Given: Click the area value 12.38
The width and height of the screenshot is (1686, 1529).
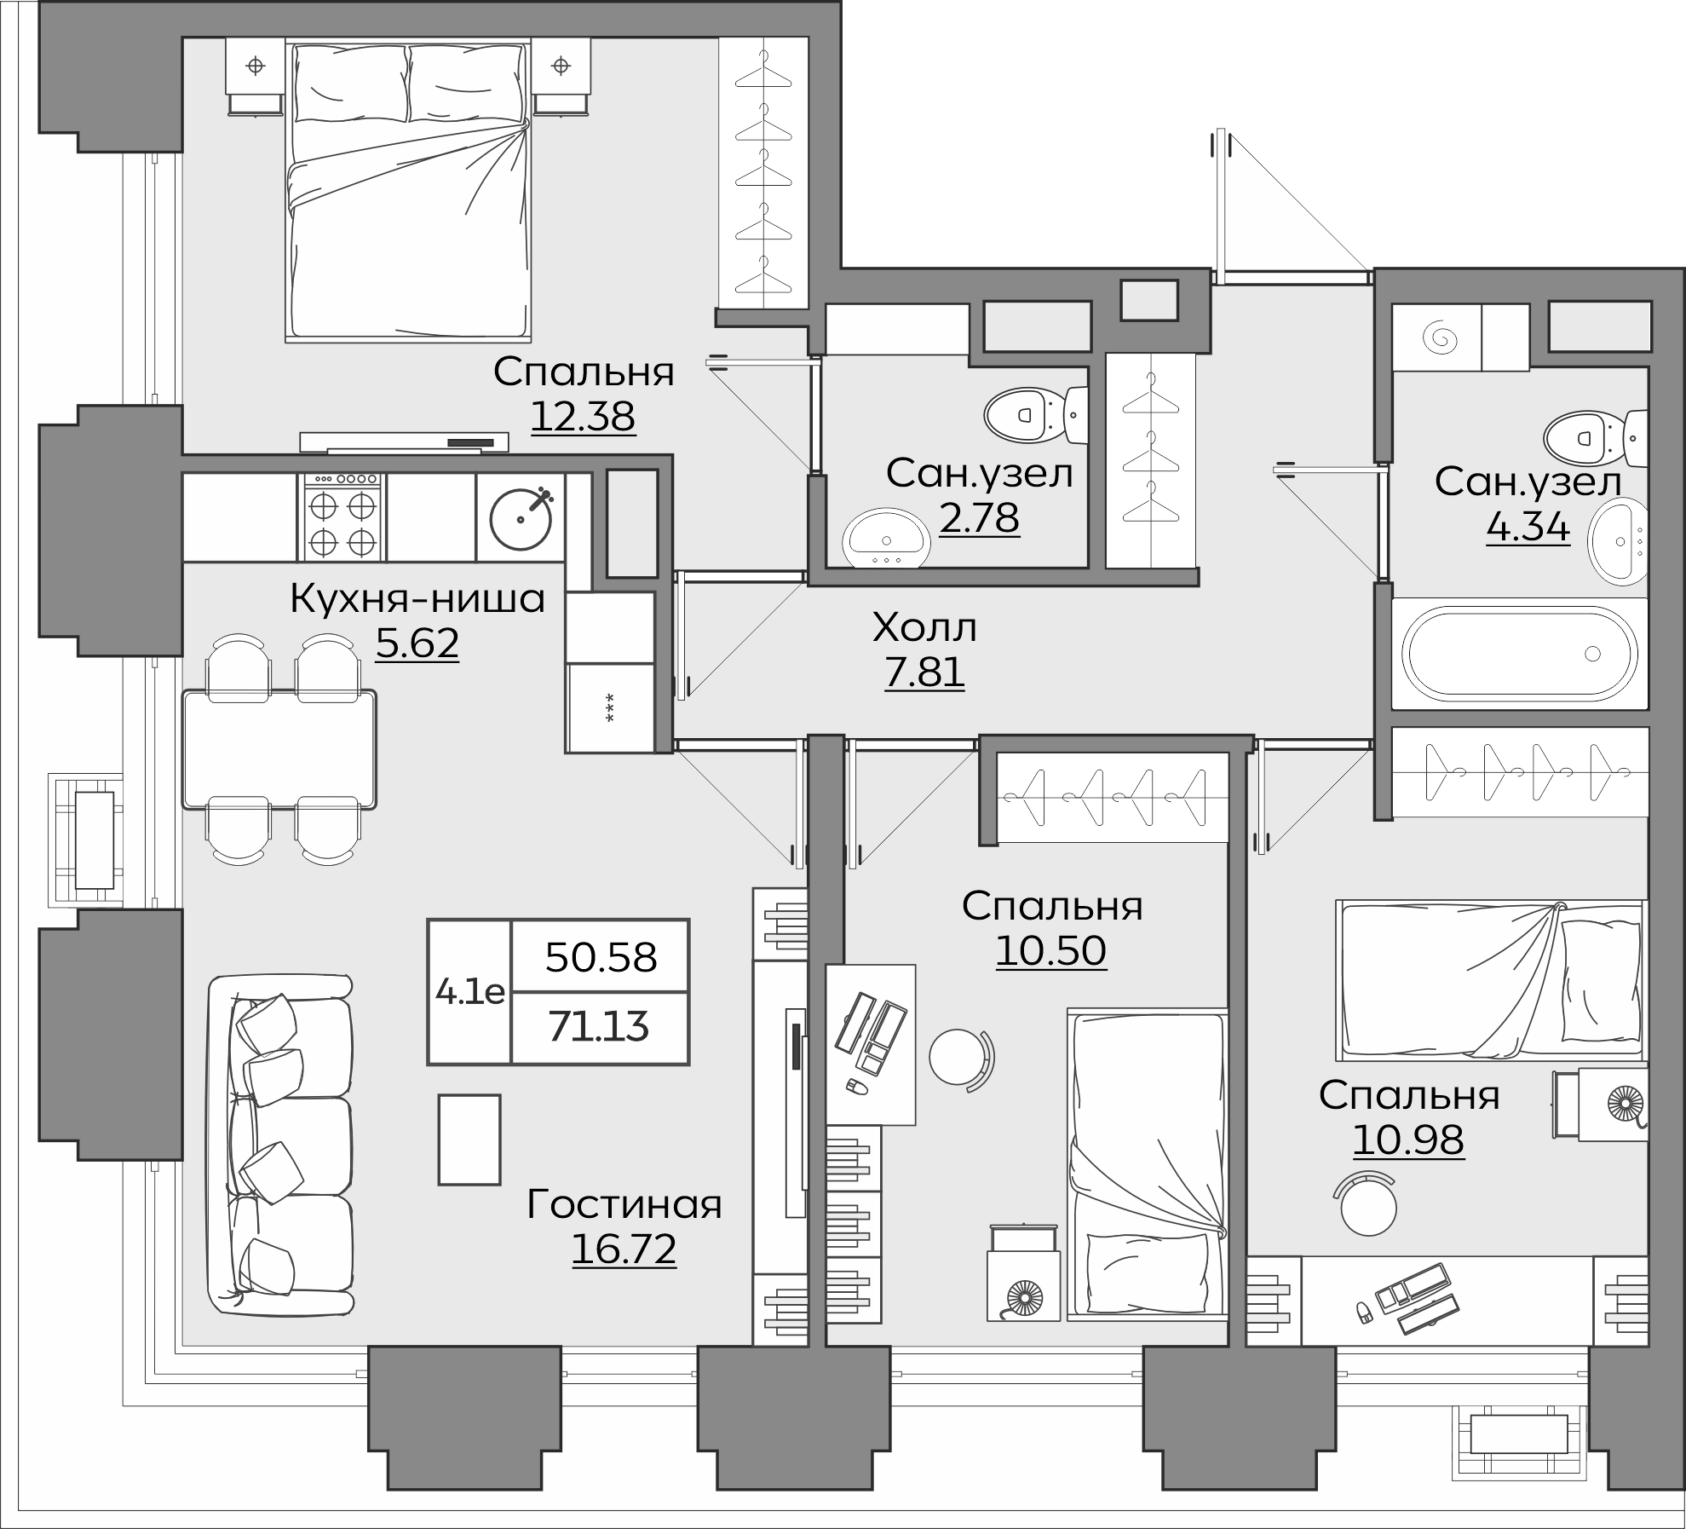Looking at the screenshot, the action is [584, 417].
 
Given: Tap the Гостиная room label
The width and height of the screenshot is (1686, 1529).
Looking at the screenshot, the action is [624, 1204].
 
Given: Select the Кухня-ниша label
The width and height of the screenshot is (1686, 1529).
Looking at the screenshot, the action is [417, 599].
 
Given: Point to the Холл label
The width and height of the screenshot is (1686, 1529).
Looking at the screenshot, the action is [924, 628].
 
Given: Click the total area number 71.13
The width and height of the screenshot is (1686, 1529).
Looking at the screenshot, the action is [599, 1027].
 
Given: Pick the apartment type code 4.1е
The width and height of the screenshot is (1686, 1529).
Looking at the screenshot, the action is [470, 991].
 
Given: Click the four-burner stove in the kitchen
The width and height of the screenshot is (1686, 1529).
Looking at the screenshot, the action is [342, 517].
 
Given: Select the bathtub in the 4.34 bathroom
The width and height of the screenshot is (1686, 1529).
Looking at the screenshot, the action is [1519, 654].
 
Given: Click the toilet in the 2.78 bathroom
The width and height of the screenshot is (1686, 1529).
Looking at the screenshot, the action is [1035, 416].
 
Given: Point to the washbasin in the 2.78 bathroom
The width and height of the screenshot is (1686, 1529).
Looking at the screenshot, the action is [887, 539].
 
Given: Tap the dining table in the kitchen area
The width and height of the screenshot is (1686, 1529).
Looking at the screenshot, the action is [279, 749].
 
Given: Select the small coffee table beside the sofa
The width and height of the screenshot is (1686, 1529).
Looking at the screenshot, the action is [469, 1140].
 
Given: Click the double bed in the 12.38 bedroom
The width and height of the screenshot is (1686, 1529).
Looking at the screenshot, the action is [407, 192].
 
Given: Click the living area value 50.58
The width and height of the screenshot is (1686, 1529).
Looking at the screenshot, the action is [601, 957].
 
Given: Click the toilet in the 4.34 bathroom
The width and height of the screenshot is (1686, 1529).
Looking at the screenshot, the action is [1595, 438].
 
